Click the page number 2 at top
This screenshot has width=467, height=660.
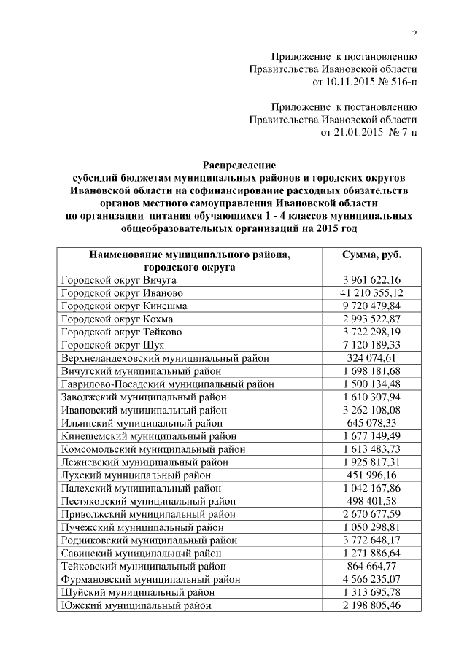pyautogui.click(x=414, y=34)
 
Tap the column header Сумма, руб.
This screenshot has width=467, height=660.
pyautogui.click(x=371, y=255)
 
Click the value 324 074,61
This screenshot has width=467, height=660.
pyautogui.click(x=371, y=357)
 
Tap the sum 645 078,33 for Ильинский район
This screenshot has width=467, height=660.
pyautogui.click(x=371, y=422)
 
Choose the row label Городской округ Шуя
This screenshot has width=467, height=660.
pyautogui.click(x=113, y=344)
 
